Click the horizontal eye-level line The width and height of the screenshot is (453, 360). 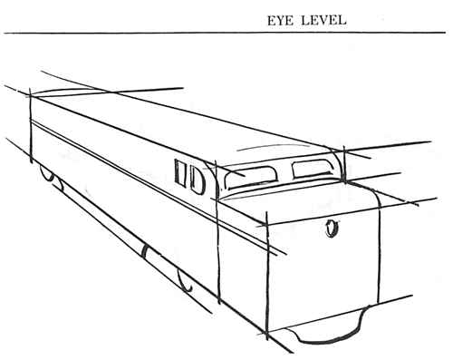pos(226,33)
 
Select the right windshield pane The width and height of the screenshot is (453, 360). pos(312,167)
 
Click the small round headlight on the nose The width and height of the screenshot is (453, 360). pos(332,229)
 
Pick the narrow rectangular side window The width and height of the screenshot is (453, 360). pos(179,173)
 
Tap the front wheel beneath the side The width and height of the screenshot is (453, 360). pos(186,280)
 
